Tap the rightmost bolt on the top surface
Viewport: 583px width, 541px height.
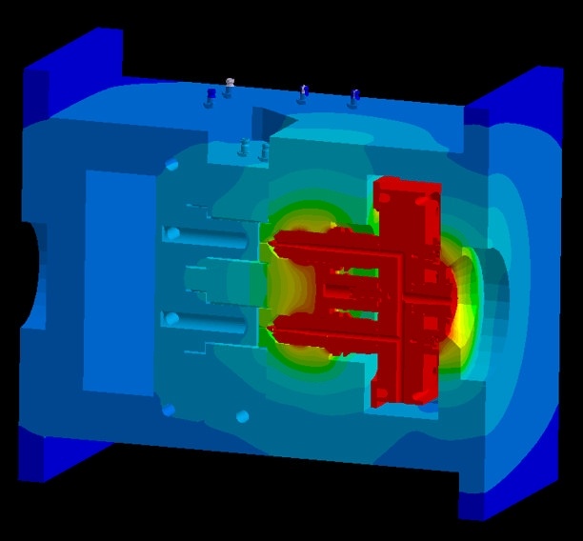pos(354,95)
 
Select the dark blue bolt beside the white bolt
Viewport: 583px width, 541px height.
pos(211,95)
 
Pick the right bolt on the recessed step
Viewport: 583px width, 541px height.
pos(264,150)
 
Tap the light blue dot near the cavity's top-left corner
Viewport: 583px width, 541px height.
pos(172,166)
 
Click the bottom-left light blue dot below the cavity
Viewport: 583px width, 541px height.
pos(170,410)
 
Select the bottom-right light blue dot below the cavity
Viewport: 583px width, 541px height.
pos(242,416)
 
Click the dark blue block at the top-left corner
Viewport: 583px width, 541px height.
pos(71,57)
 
